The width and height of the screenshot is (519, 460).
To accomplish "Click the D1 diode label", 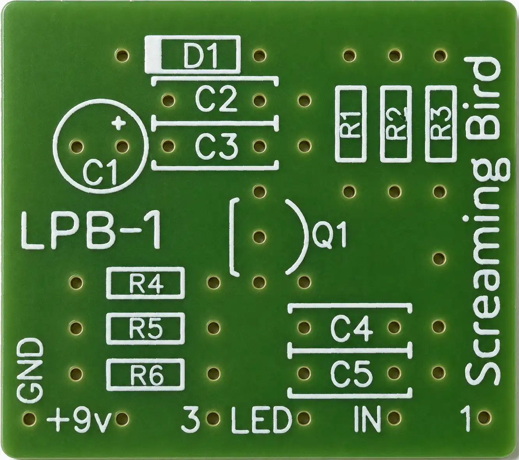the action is click(201, 55).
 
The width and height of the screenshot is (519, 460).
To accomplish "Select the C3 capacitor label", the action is click(216, 146).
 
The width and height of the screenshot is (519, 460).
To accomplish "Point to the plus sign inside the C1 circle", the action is click(118, 123).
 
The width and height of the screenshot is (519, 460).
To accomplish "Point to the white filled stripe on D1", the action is click(153, 55).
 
